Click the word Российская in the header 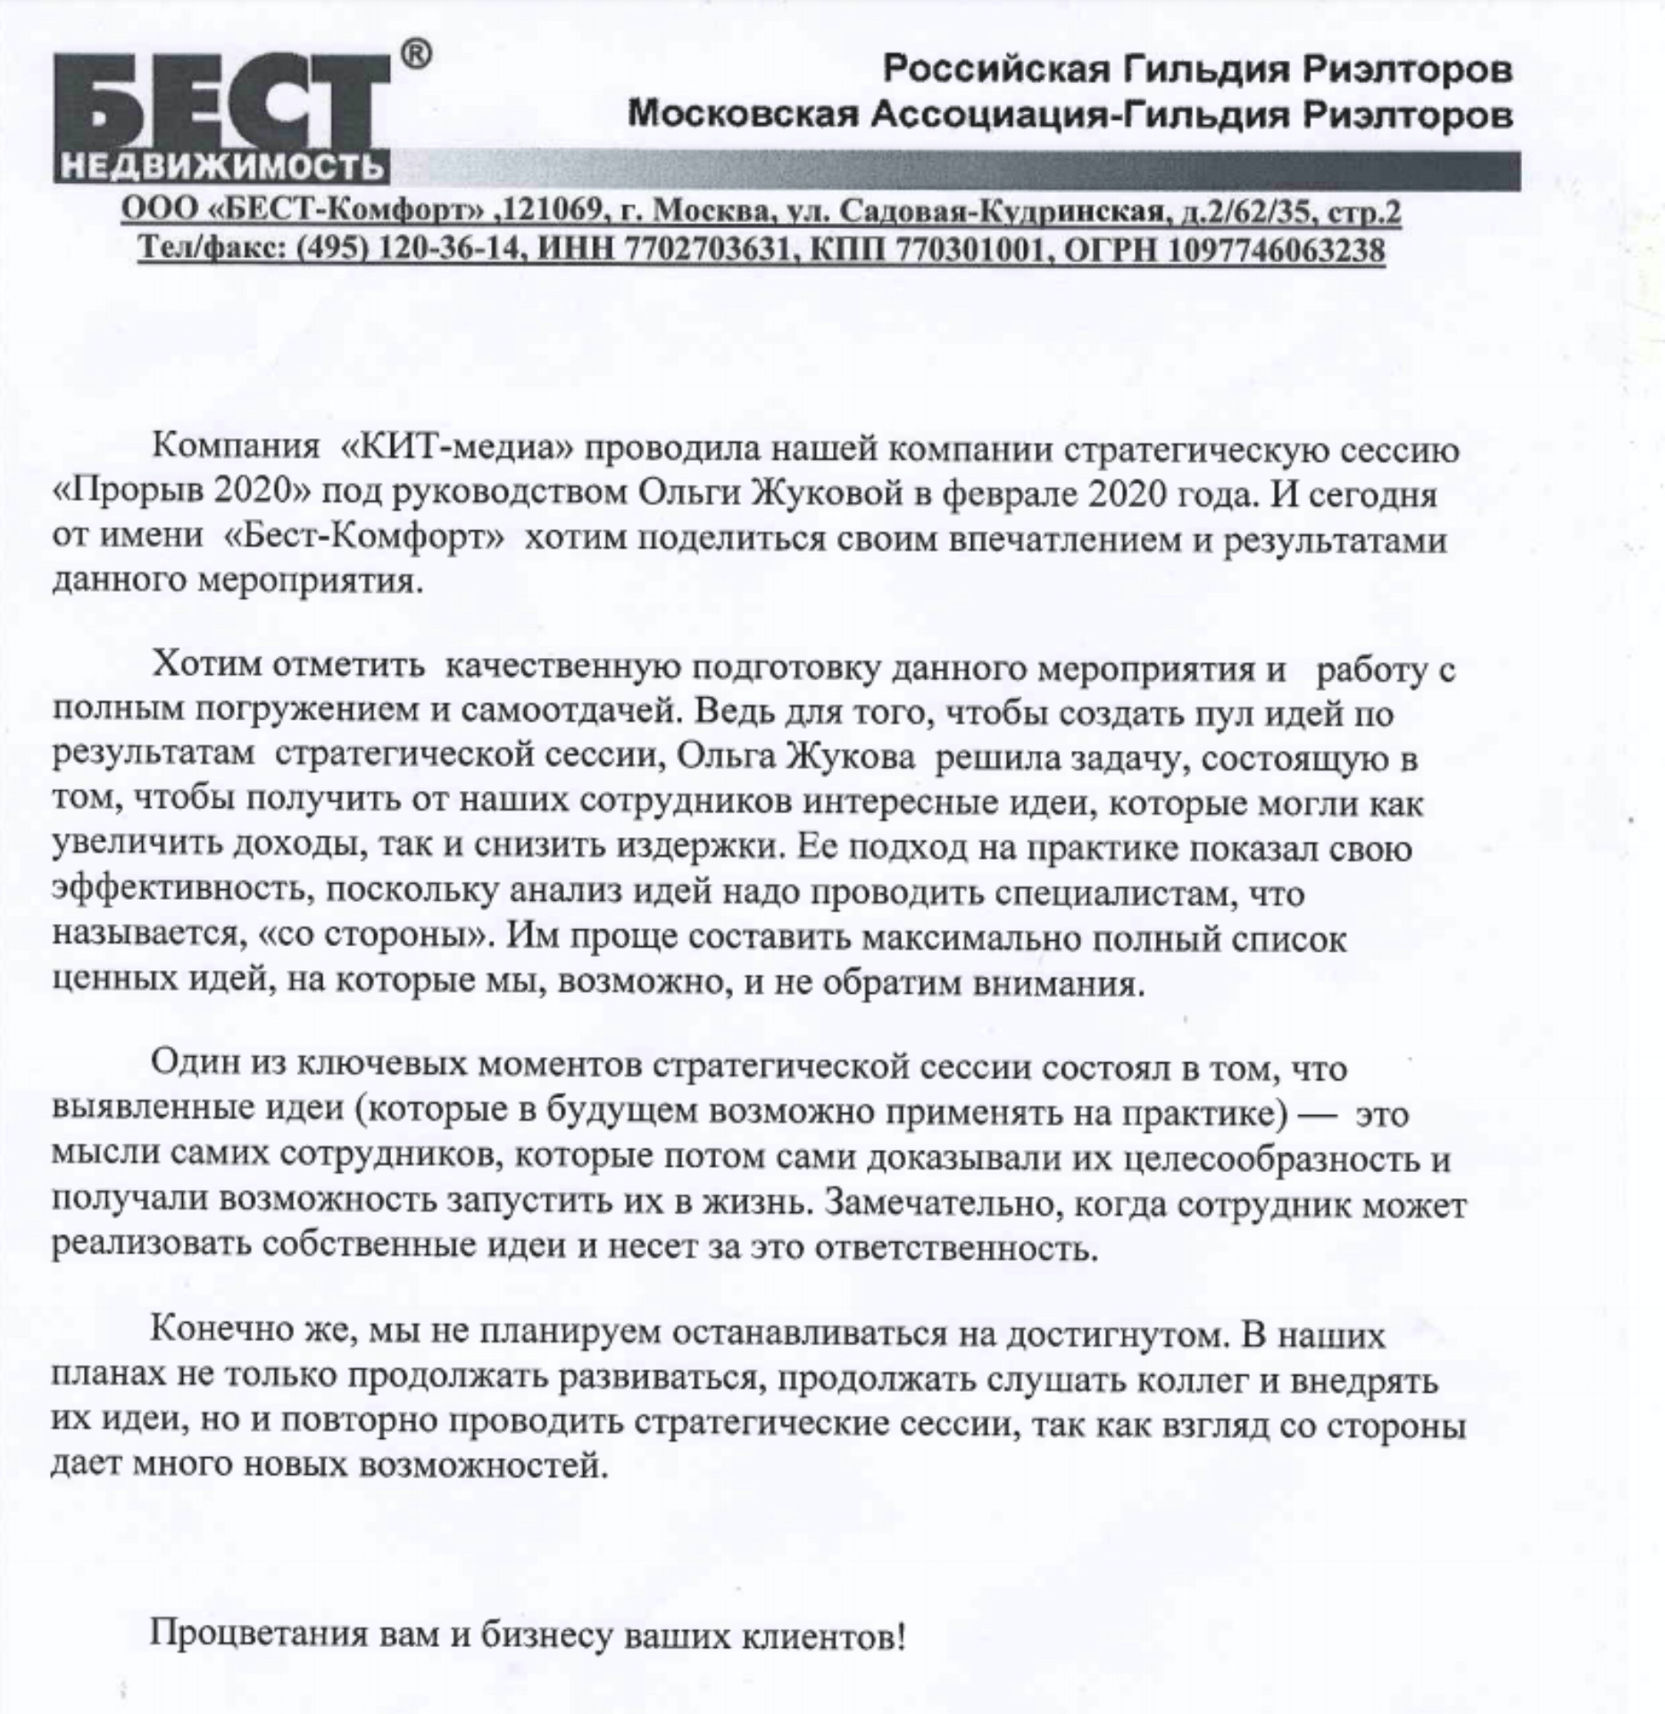tap(989, 69)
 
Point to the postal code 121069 tap(555, 212)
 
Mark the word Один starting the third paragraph tap(193, 1069)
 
